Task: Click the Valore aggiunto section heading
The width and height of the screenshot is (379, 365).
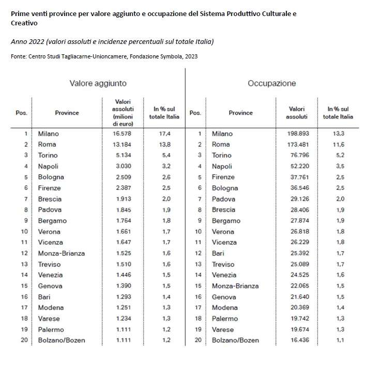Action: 98,83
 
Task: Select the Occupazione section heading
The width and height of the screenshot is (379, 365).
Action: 271,83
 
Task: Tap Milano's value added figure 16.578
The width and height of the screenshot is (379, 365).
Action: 123,134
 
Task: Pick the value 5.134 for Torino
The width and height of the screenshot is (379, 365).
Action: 123,155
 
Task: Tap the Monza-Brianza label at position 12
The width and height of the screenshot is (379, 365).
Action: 62,253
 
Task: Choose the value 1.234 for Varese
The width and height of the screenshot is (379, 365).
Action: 123,318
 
